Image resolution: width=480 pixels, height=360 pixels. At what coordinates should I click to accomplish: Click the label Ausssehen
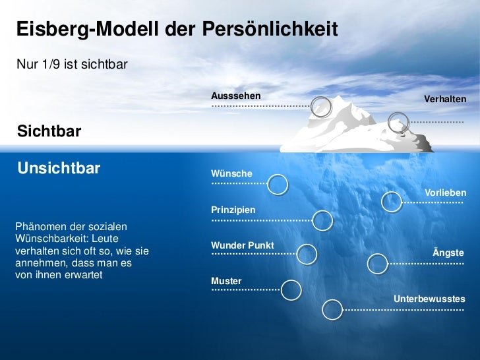pos(235,96)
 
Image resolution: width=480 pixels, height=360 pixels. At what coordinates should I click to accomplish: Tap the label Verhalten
pos(445,99)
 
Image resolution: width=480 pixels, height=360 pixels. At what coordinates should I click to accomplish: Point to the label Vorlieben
pos(446,193)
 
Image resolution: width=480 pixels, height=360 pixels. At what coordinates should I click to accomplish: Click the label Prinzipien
pos(233,210)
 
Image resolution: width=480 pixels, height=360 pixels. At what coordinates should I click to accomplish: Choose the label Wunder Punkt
pos(242,245)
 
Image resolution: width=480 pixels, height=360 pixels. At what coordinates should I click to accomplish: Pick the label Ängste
pos(448,253)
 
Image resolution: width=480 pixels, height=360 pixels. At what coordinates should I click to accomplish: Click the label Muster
pos(226,281)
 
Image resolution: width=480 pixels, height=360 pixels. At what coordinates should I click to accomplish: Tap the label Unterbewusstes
pos(429,299)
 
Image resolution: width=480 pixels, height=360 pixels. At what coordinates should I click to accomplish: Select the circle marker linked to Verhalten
pos(398,123)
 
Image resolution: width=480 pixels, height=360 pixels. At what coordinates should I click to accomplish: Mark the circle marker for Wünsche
pos(278,185)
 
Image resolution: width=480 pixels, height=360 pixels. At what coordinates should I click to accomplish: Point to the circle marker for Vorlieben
pos(392,202)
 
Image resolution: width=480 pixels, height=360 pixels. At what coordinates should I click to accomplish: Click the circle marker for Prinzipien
pos(322,221)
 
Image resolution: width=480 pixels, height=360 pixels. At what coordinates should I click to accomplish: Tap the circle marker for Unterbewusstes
pos(333,309)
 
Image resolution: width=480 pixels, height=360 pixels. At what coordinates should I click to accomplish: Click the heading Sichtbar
pos(49,131)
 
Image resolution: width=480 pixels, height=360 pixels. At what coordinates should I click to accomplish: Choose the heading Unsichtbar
pos(59,167)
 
